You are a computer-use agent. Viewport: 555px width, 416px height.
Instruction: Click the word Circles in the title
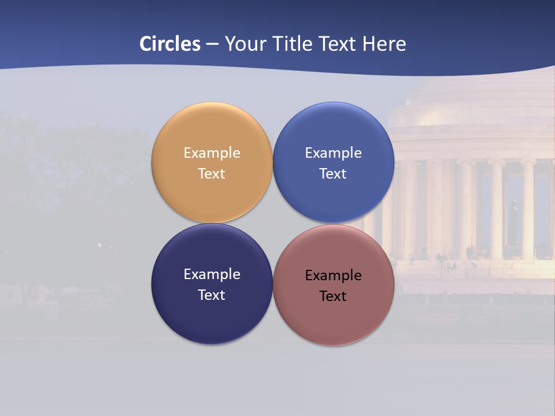tap(170, 44)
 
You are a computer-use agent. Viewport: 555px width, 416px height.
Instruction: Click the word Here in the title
tap(384, 44)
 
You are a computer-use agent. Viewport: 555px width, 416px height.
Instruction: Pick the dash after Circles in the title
tap(212, 44)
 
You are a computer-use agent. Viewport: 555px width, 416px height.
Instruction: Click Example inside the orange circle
tap(212, 153)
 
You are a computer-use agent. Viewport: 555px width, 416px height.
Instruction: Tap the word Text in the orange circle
tap(212, 174)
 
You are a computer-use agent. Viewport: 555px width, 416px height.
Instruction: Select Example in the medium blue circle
tap(333, 153)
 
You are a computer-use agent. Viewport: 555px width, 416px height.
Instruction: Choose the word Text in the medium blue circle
tap(333, 174)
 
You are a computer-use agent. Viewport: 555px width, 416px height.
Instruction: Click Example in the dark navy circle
tap(212, 274)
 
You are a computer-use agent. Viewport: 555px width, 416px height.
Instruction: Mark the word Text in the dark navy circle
tap(212, 295)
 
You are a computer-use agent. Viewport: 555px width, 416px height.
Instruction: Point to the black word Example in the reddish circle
tap(333, 276)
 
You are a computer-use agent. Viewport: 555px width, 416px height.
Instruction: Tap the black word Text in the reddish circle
tap(333, 296)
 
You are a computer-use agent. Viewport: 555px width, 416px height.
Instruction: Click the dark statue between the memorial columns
tap(513, 222)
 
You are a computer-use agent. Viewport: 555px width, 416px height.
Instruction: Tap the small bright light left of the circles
tap(99, 245)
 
